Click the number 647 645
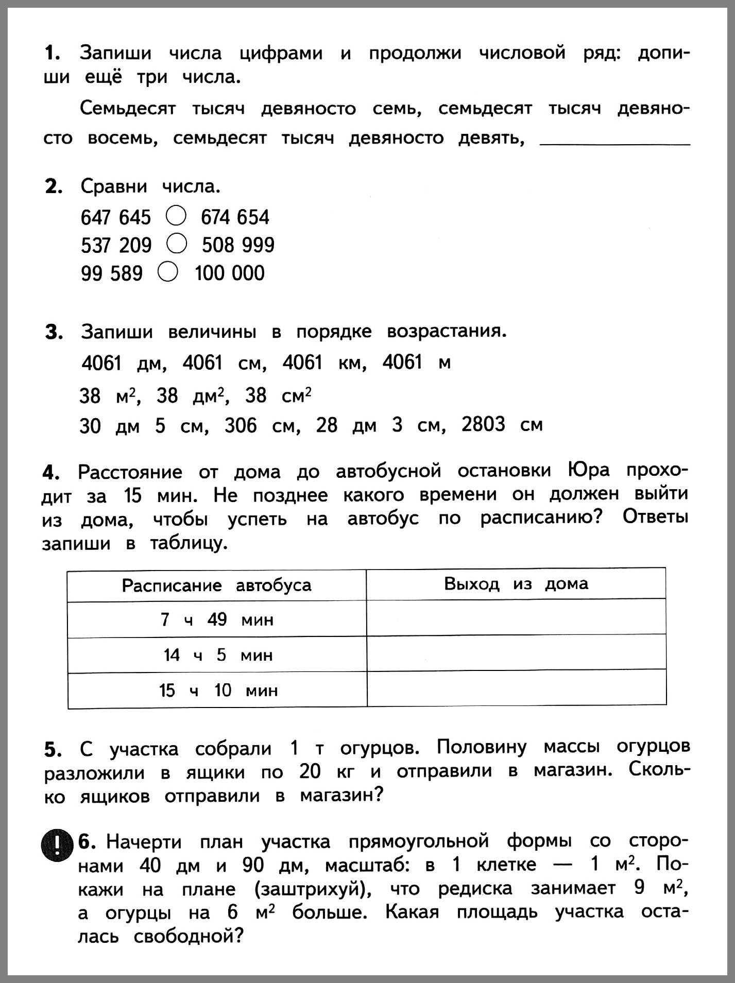coord(115,217)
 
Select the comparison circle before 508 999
coord(177,244)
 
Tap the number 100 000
coord(230,273)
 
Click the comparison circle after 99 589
coord(168,272)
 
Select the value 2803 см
coord(502,425)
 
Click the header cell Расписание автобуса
coord(216,585)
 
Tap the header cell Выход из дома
coord(516,584)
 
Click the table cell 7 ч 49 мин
coord(216,619)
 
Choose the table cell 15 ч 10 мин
coord(217,690)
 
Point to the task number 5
coord(53,750)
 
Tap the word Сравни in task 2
coord(113,186)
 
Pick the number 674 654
coord(235,217)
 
